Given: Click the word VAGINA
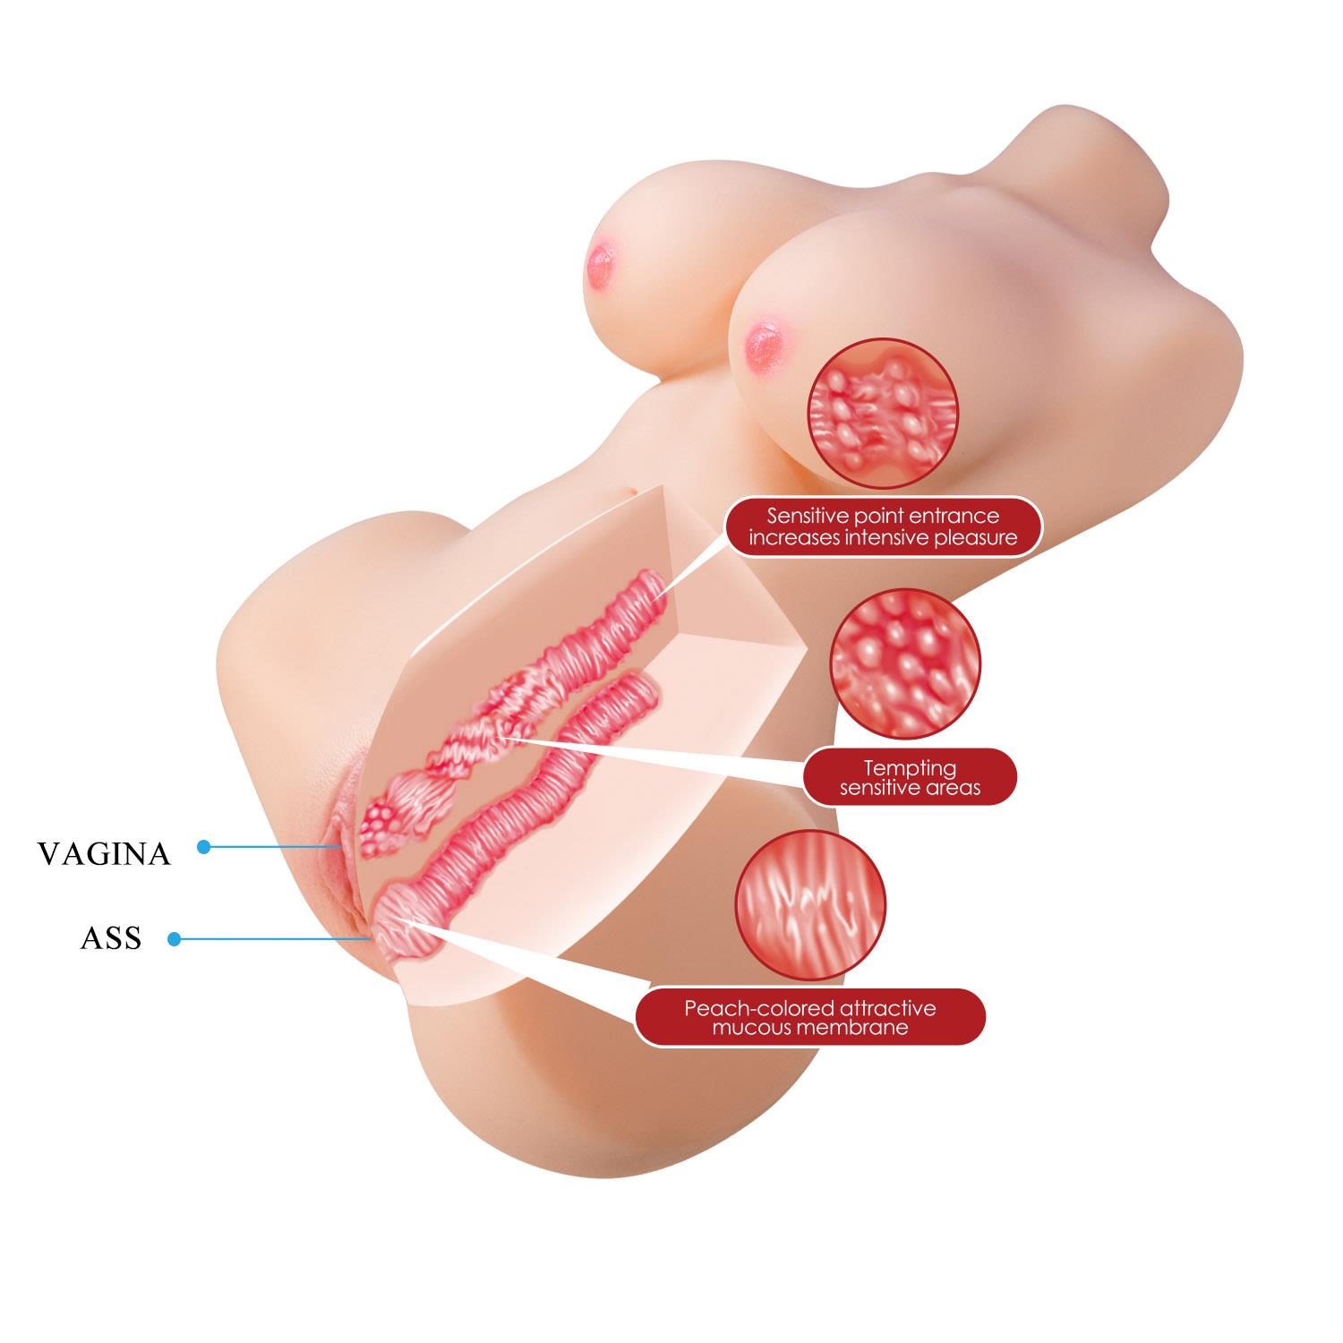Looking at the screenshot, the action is pyautogui.click(x=104, y=853).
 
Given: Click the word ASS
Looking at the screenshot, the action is pyautogui.click(x=111, y=938).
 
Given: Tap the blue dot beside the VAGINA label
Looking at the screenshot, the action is pyautogui.click(x=203, y=846).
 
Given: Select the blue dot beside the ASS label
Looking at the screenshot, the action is pyautogui.click(x=175, y=939).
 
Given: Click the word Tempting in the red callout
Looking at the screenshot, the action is pyautogui.click(x=910, y=768).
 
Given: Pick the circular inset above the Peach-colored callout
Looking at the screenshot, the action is pyautogui.click(x=810, y=905).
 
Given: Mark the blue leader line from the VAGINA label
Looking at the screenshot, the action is pyautogui.click(x=275, y=846).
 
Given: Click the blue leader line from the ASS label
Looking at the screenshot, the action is pyautogui.click(x=276, y=939).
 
